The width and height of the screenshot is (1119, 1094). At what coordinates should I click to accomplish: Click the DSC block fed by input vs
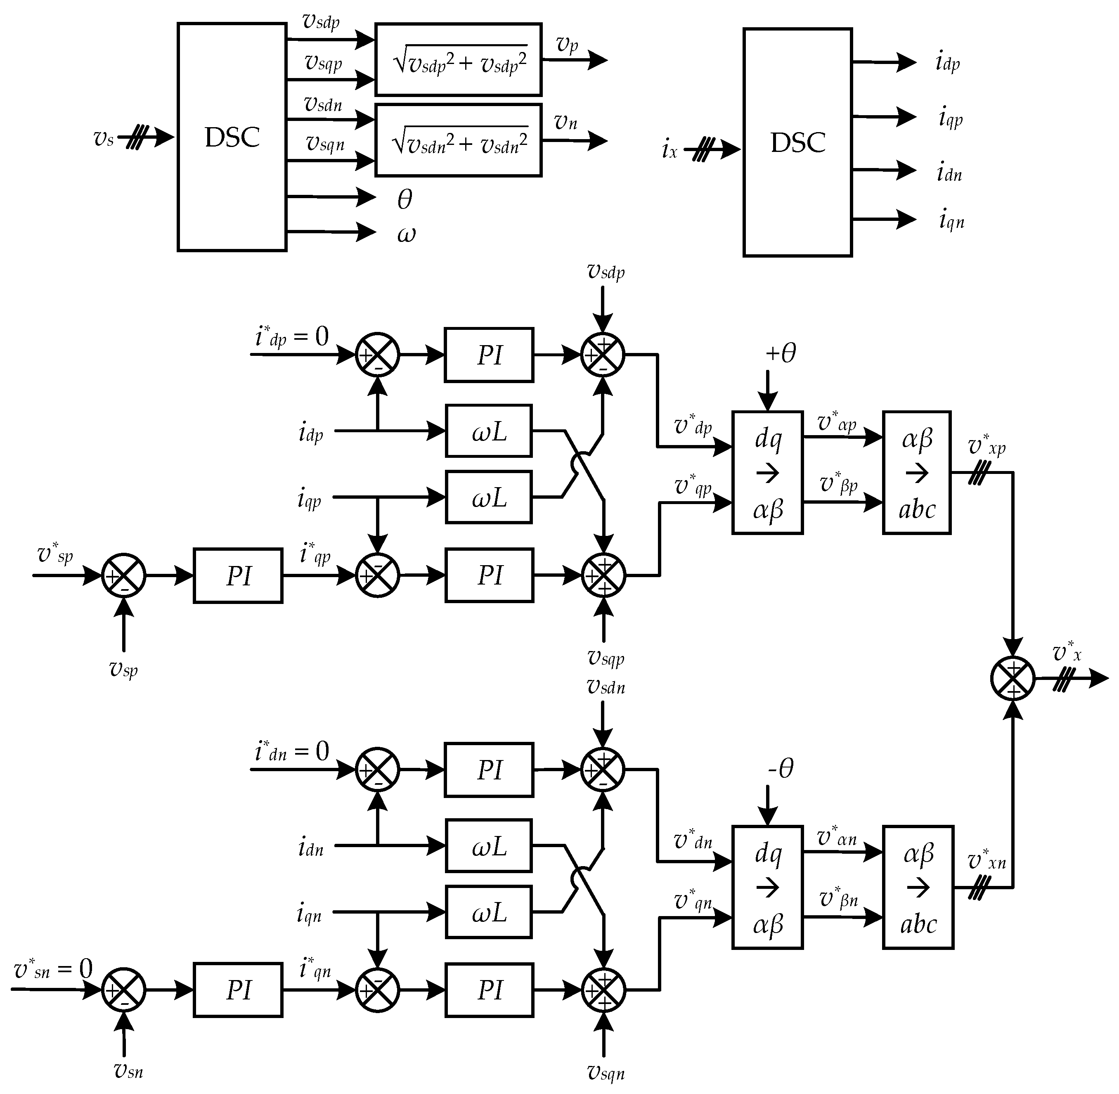pos(232,137)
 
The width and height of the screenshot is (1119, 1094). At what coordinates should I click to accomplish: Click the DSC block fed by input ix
pos(797,142)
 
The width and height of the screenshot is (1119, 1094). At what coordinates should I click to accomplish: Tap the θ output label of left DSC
pos(405,199)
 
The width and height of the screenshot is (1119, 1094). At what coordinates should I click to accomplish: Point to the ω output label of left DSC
pos(406,234)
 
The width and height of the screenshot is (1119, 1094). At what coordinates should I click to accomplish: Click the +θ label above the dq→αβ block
pos(781,353)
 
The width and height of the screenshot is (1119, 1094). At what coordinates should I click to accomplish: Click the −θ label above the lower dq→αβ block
pos(781,768)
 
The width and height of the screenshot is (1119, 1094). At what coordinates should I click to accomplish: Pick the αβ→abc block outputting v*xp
pos(917,473)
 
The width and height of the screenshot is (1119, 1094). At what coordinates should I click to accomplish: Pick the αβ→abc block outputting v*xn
pos(918,888)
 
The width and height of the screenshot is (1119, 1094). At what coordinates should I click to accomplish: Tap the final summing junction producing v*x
pos(1013,679)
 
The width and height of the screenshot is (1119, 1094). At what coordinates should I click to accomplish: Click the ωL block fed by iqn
pos(489,912)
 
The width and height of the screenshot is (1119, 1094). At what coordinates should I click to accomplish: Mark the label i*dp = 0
pos(292,337)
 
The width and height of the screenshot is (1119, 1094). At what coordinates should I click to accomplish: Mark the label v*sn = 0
pos(53,970)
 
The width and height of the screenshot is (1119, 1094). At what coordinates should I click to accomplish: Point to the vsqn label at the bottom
pos(606,1072)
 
